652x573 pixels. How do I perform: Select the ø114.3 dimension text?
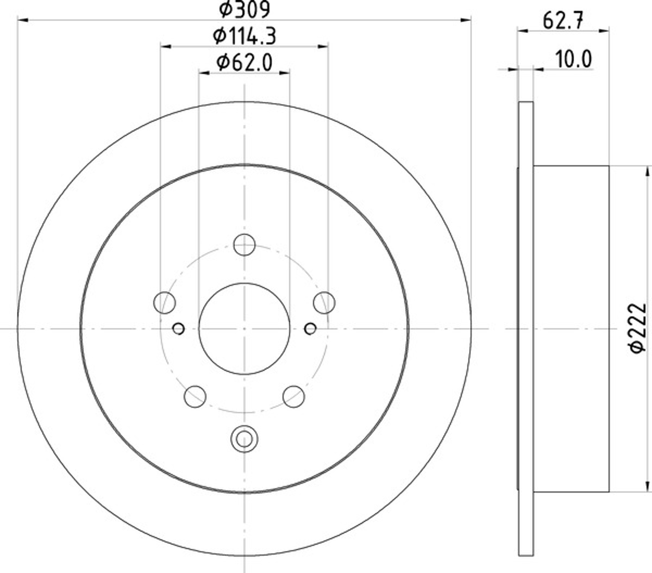(244, 36)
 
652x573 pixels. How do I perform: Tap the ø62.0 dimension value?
(244, 63)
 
